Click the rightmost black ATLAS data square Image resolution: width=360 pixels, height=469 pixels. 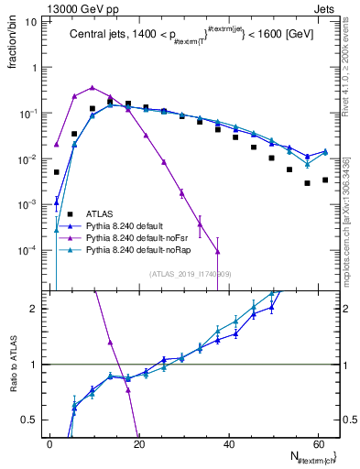(325, 180)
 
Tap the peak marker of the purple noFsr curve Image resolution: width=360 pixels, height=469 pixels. (93, 88)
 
